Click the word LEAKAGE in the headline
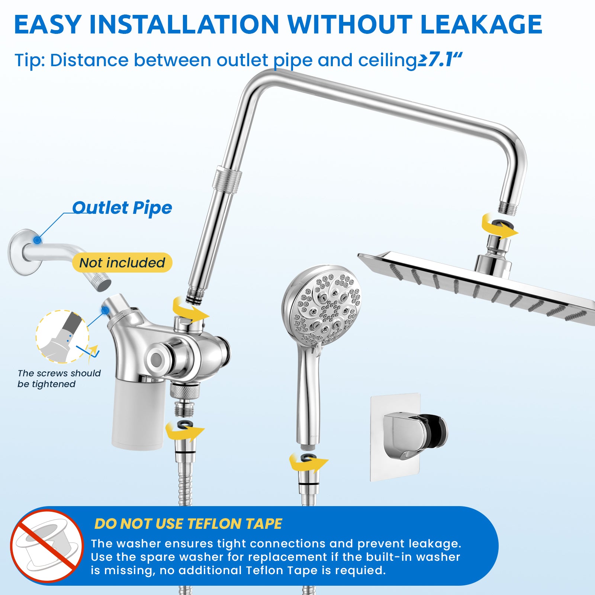pos(481,25)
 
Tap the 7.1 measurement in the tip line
pos(441,60)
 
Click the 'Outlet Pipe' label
pos(122,208)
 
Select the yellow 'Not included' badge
pos(122,263)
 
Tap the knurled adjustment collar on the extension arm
pos(227,180)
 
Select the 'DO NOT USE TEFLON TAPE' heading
pos(188,524)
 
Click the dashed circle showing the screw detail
pos(62,337)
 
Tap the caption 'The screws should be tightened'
pos(59,379)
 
